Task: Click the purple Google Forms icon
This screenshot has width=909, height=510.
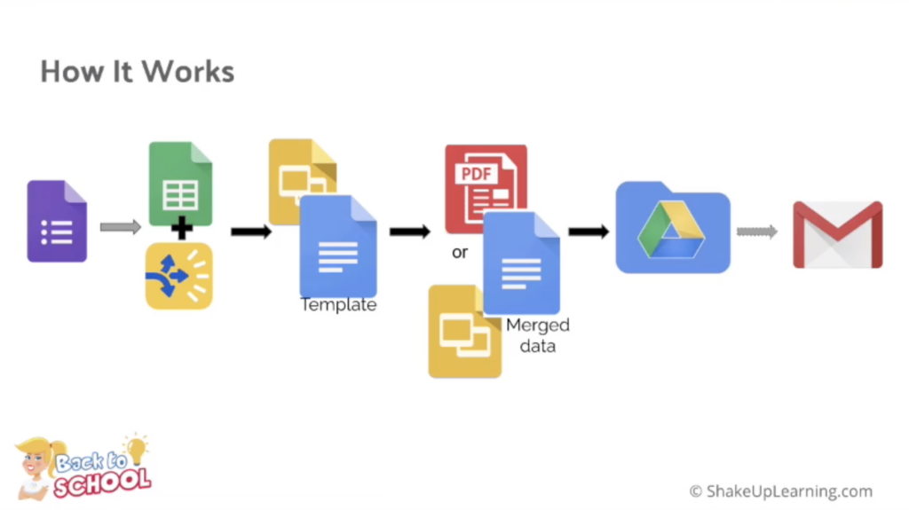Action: click(57, 221)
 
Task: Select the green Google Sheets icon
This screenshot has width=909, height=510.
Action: click(180, 182)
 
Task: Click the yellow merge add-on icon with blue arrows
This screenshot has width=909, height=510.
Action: click(178, 276)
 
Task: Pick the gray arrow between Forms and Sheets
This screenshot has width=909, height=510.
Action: click(120, 228)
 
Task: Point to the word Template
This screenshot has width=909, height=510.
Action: click(338, 305)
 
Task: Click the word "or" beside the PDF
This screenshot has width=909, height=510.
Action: click(460, 253)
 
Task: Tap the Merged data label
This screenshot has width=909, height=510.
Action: click(537, 335)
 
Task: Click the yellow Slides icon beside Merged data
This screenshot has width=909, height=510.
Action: click(462, 332)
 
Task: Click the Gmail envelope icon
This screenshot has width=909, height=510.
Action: click(837, 234)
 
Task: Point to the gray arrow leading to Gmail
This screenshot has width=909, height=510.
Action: click(756, 231)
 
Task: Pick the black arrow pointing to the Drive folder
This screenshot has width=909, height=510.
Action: click(589, 231)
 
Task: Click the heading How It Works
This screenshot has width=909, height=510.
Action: click(138, 71)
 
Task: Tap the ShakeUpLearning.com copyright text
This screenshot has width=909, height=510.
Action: click(781, 490)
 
